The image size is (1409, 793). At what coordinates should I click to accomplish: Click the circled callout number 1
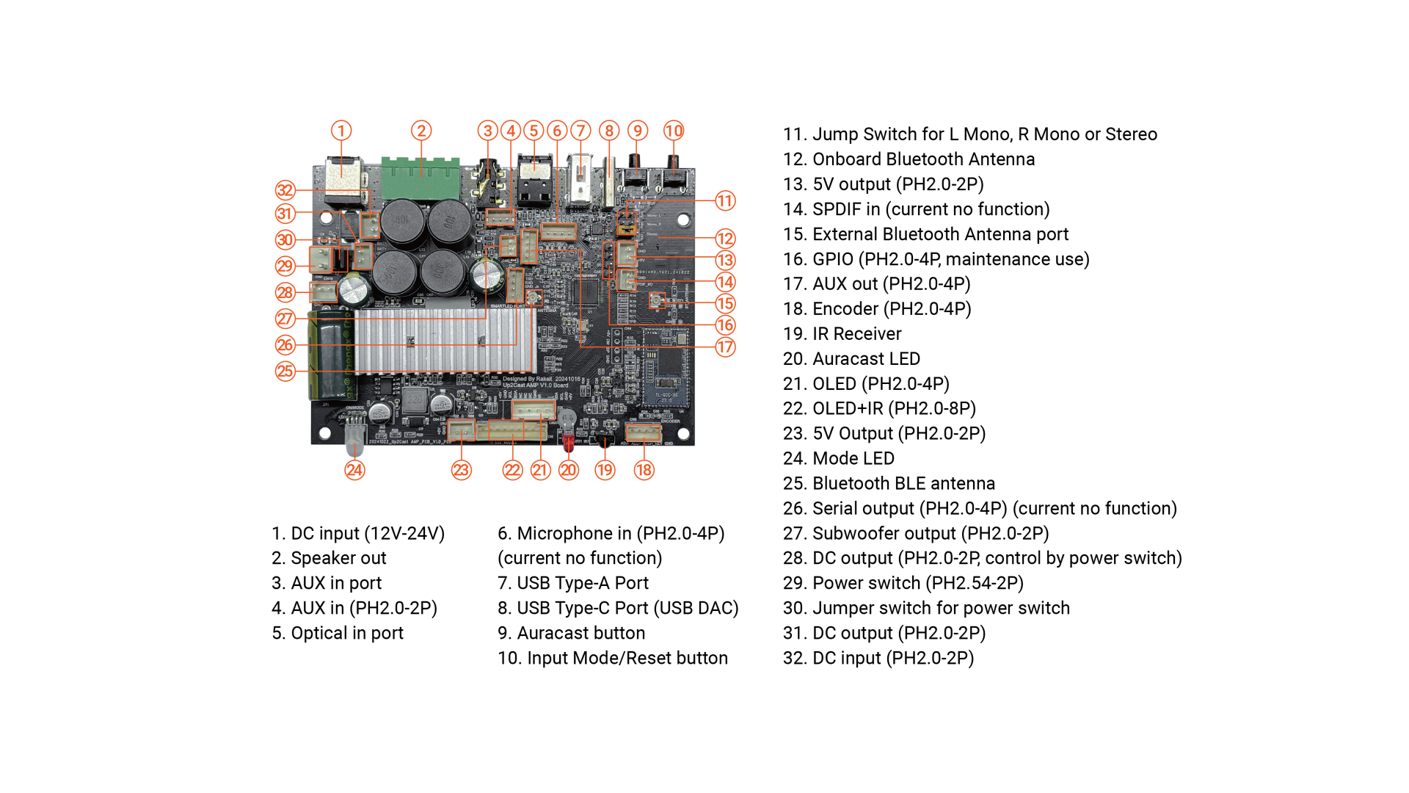click(341, 131)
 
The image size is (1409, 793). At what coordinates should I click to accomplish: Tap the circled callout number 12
click(725, 239)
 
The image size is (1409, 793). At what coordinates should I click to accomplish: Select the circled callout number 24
click(354, 470)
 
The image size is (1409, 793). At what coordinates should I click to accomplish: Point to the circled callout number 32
click(285, 191)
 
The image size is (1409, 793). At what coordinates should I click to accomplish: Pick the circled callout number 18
click(644, 470)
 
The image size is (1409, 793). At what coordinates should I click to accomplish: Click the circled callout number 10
click(674, 131)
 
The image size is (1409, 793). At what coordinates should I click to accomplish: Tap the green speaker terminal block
click(420, 178)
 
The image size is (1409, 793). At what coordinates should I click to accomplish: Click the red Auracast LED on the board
click(568, 441)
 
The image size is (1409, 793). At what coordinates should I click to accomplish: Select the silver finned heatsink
click(445, 340)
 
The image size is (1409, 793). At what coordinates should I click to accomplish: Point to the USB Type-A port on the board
click(580, 180)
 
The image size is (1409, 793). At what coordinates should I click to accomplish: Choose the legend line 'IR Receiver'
click(842, 334)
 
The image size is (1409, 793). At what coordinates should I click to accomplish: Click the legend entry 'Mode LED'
click(838, 459)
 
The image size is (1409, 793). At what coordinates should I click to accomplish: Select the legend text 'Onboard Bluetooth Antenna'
click(909, 159)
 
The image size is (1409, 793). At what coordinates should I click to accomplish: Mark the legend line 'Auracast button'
click(571, 633)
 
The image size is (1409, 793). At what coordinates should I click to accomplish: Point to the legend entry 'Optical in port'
click(338, 633)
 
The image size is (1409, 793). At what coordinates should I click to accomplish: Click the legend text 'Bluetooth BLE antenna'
click(889, 484)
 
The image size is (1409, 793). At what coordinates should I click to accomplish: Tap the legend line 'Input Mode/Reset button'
click(613, 658)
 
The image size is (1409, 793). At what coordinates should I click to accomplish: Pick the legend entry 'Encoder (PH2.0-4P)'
click(877, 309)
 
